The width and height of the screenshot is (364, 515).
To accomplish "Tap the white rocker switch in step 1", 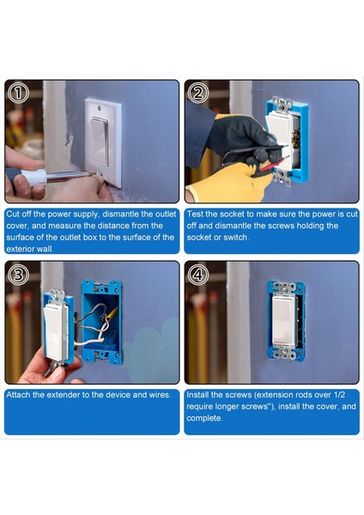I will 101,141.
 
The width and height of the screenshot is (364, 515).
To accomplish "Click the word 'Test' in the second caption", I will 197,213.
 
